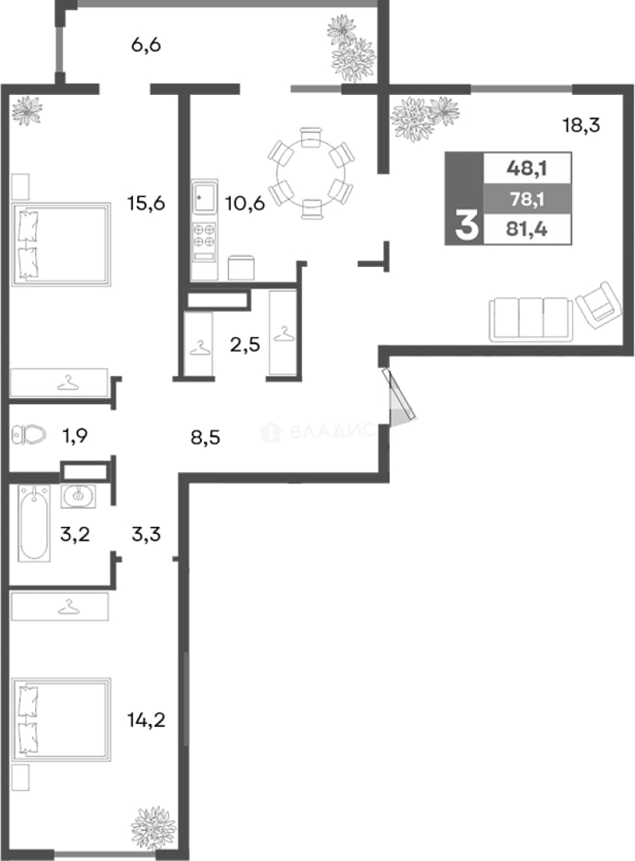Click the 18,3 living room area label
[x=581, y=126]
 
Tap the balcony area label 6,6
[x=146, y=45]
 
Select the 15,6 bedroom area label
[x=146, y=203]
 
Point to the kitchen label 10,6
[x=245, y=204]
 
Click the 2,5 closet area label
[x=245, y=345]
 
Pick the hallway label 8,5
[x=206, y=438]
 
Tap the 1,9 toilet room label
[x=75, y=436]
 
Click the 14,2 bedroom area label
[x=146, y=719]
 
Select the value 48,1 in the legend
[x=527, y=168]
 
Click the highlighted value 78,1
[x=527, y=199]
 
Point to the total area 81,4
[x=527, y=229]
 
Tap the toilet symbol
[x=28, y=435]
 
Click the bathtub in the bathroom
[x=34, y=523]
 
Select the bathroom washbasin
[x=78, y=497]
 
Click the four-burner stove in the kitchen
[x=204, y=242]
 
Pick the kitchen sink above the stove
[x=204, y=197]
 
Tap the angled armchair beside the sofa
[x=599, y=305]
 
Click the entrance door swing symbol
[x=399, y=395]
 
